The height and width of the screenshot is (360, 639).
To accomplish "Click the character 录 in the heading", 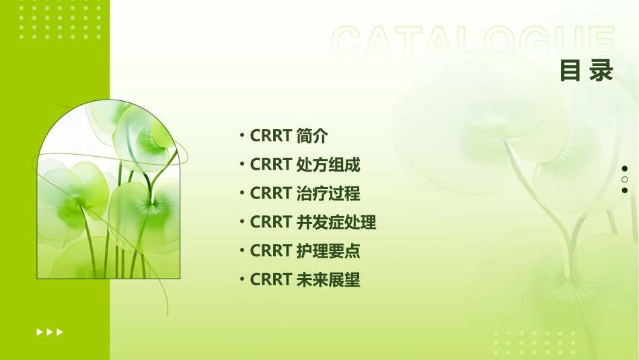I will [x=601, y=71].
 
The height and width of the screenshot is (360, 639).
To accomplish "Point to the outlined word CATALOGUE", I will [x=472, y=42].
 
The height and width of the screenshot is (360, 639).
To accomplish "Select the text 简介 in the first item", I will [x=312, y=136].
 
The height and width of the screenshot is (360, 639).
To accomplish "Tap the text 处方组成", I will [x=328, y=165].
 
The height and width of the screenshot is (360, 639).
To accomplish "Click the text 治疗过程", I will [x=328, y=194].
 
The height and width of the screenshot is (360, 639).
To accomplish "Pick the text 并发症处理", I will [x=336, y=222].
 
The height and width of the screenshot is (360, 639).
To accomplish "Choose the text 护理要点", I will [x=328, y=251].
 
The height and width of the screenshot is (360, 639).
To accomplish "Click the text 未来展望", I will [x=328, y=280].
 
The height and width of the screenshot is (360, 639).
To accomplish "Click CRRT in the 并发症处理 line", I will [x=270, y=222].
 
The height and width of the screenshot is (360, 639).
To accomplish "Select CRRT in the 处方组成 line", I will [x=270, y=165].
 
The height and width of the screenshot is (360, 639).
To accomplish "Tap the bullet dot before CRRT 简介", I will [x=242, y=136].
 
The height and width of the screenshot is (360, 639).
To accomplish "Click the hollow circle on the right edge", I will [x=625, y=180].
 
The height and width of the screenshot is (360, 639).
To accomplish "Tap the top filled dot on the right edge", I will [x=625, y=169].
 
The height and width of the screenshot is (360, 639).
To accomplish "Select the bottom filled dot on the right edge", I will [x=625, y=190].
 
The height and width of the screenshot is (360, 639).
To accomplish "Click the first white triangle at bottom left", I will [x=39, y=332].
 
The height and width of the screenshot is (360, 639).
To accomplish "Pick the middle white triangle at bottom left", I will [x=50, y=332].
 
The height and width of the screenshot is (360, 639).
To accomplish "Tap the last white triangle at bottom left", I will [x=60, y=332].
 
